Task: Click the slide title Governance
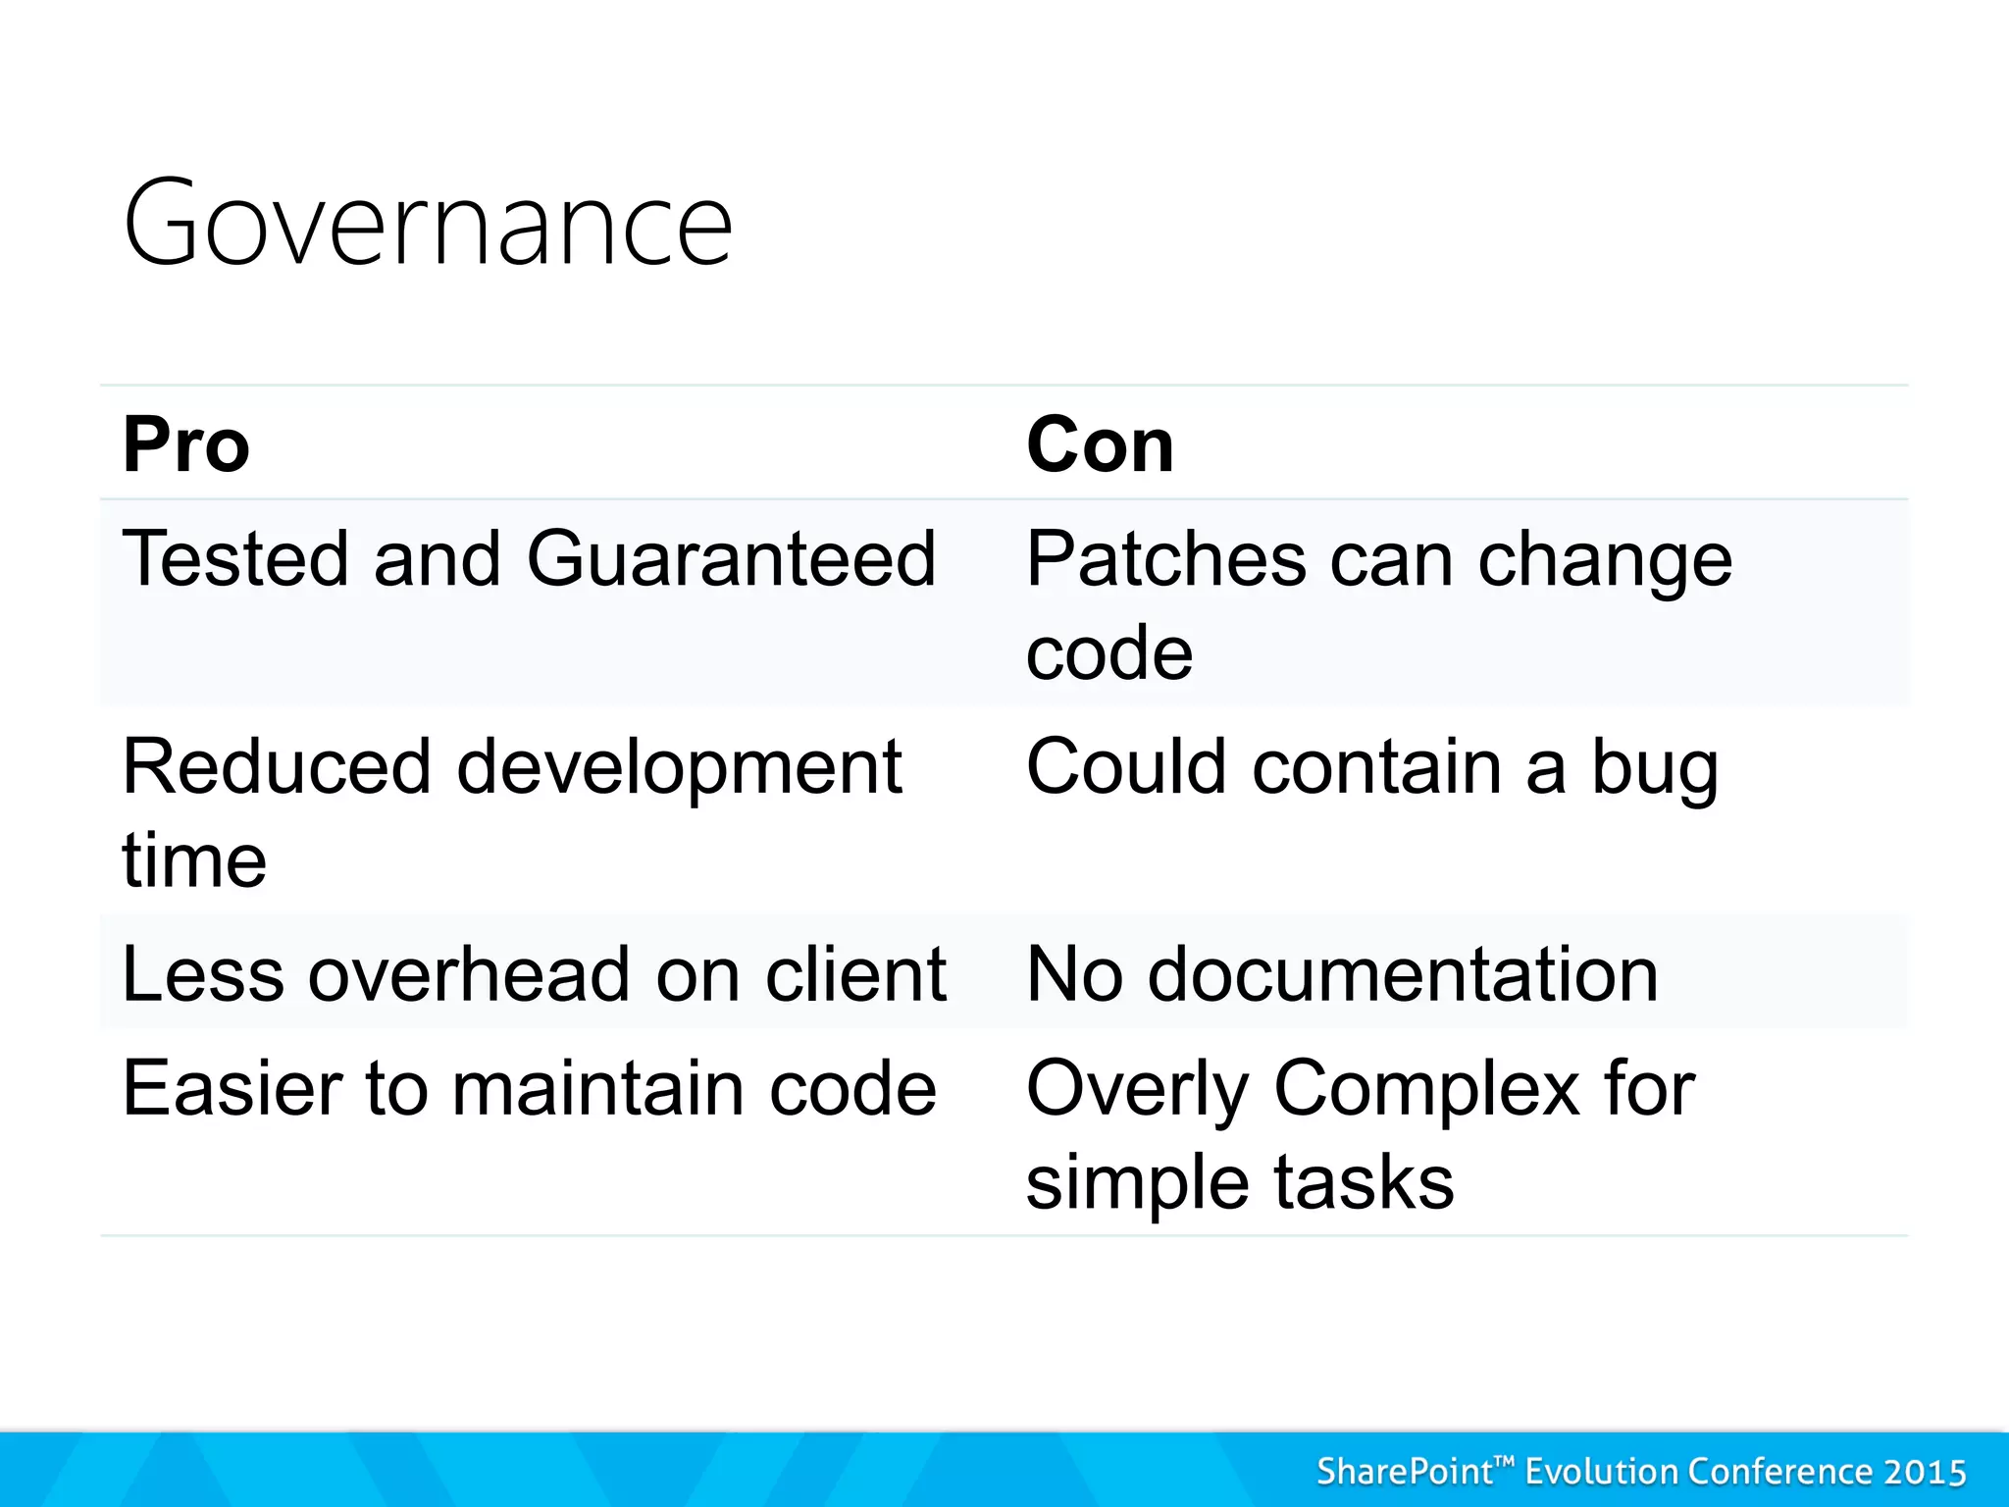pos(428,224)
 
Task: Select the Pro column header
pos(186,445)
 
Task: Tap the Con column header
pos(1100,445)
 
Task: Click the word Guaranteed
pos(731,559)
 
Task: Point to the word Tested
pos(235,559)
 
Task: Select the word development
pos(679,767)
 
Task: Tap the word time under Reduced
pos(194,861)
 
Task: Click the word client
pos(855,975)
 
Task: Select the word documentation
pos(1403,975)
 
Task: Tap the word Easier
pos(232,1089)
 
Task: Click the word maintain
pos(598,1089)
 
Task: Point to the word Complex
pos(1426,1089)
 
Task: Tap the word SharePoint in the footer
pos(1405,1473)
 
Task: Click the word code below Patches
pos(1109,653)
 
